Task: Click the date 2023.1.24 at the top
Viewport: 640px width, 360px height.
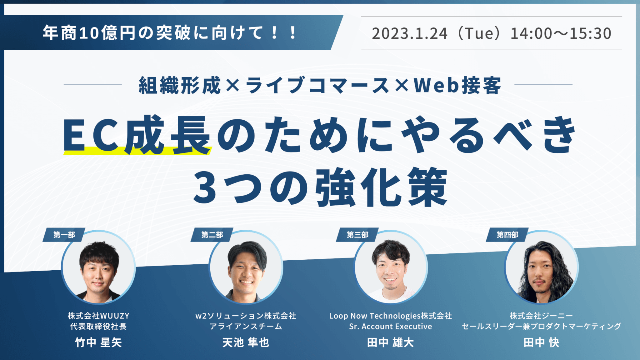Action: pyautogui.click(x=410, y=33)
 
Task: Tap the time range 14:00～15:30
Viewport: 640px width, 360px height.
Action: pyautogui.click(x=561, y=33)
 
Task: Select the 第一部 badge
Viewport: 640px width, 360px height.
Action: pyautogui.click(x=64, y=235)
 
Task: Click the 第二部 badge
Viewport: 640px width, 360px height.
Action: pyautogui.click(x=212, y=235)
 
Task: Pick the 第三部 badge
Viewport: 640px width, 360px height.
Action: pyautogui.click(x=357, y=235)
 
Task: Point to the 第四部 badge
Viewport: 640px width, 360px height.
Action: pyautogui.click(x=507, y=235)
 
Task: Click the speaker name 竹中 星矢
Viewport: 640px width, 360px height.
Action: pyautogui.click(x=98, y=342)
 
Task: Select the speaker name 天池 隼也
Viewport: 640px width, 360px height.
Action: pyautogui.click(x=246, y=342)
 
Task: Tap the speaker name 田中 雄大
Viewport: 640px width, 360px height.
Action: pyautogui.click(x=391, y=342)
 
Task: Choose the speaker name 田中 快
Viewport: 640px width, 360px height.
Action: pyautogui.click(x=542, y=342)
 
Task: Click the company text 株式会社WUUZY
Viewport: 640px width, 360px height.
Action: pyautogui.click(x=98, y=316)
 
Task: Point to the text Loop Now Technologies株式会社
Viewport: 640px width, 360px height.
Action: pyautogui.click(x=391, y=316)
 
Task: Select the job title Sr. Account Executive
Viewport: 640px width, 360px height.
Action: pyautogui.click(x=391, y=326)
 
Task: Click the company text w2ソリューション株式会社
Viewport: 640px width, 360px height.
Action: pyautogui.click(x=246, y=316)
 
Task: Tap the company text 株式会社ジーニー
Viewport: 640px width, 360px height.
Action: pyautogui.click(x=542, y=316)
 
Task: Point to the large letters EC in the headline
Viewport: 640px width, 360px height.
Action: pyautogui.click(x=91, y=135)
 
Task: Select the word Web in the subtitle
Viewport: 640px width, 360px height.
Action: pyautogui.click(x=437, y=85)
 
